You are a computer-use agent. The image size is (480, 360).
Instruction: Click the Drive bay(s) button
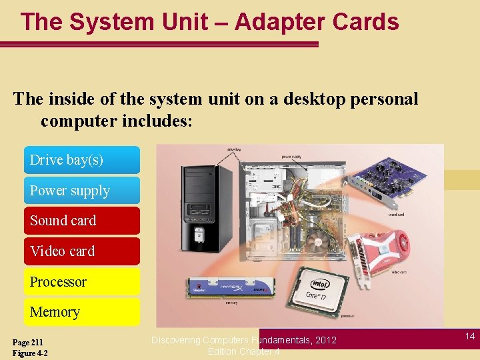81,160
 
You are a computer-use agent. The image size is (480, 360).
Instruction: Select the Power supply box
81,191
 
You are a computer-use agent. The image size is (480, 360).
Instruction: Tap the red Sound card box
81,221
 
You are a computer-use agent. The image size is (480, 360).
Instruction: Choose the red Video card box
81,251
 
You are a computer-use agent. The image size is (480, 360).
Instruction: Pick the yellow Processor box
81,282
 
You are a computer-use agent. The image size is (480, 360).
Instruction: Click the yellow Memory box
81,312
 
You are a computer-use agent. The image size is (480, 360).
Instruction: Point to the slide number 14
470,337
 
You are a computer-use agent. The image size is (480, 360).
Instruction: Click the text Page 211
28,342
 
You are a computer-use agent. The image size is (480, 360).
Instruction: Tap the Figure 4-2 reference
30,353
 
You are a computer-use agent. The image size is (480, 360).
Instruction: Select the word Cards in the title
367,22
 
